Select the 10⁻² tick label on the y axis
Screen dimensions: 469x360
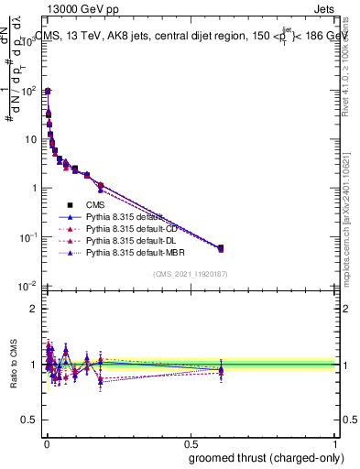tap(27, 286)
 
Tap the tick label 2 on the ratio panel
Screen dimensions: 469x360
tap(34, 309)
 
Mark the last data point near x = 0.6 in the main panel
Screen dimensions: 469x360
tap(220, 247)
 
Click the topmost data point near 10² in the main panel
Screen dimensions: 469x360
tap(47, 91)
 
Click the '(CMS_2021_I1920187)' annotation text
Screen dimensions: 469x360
tap(191, 273)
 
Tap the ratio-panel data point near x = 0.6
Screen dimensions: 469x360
tap(220, 370)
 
